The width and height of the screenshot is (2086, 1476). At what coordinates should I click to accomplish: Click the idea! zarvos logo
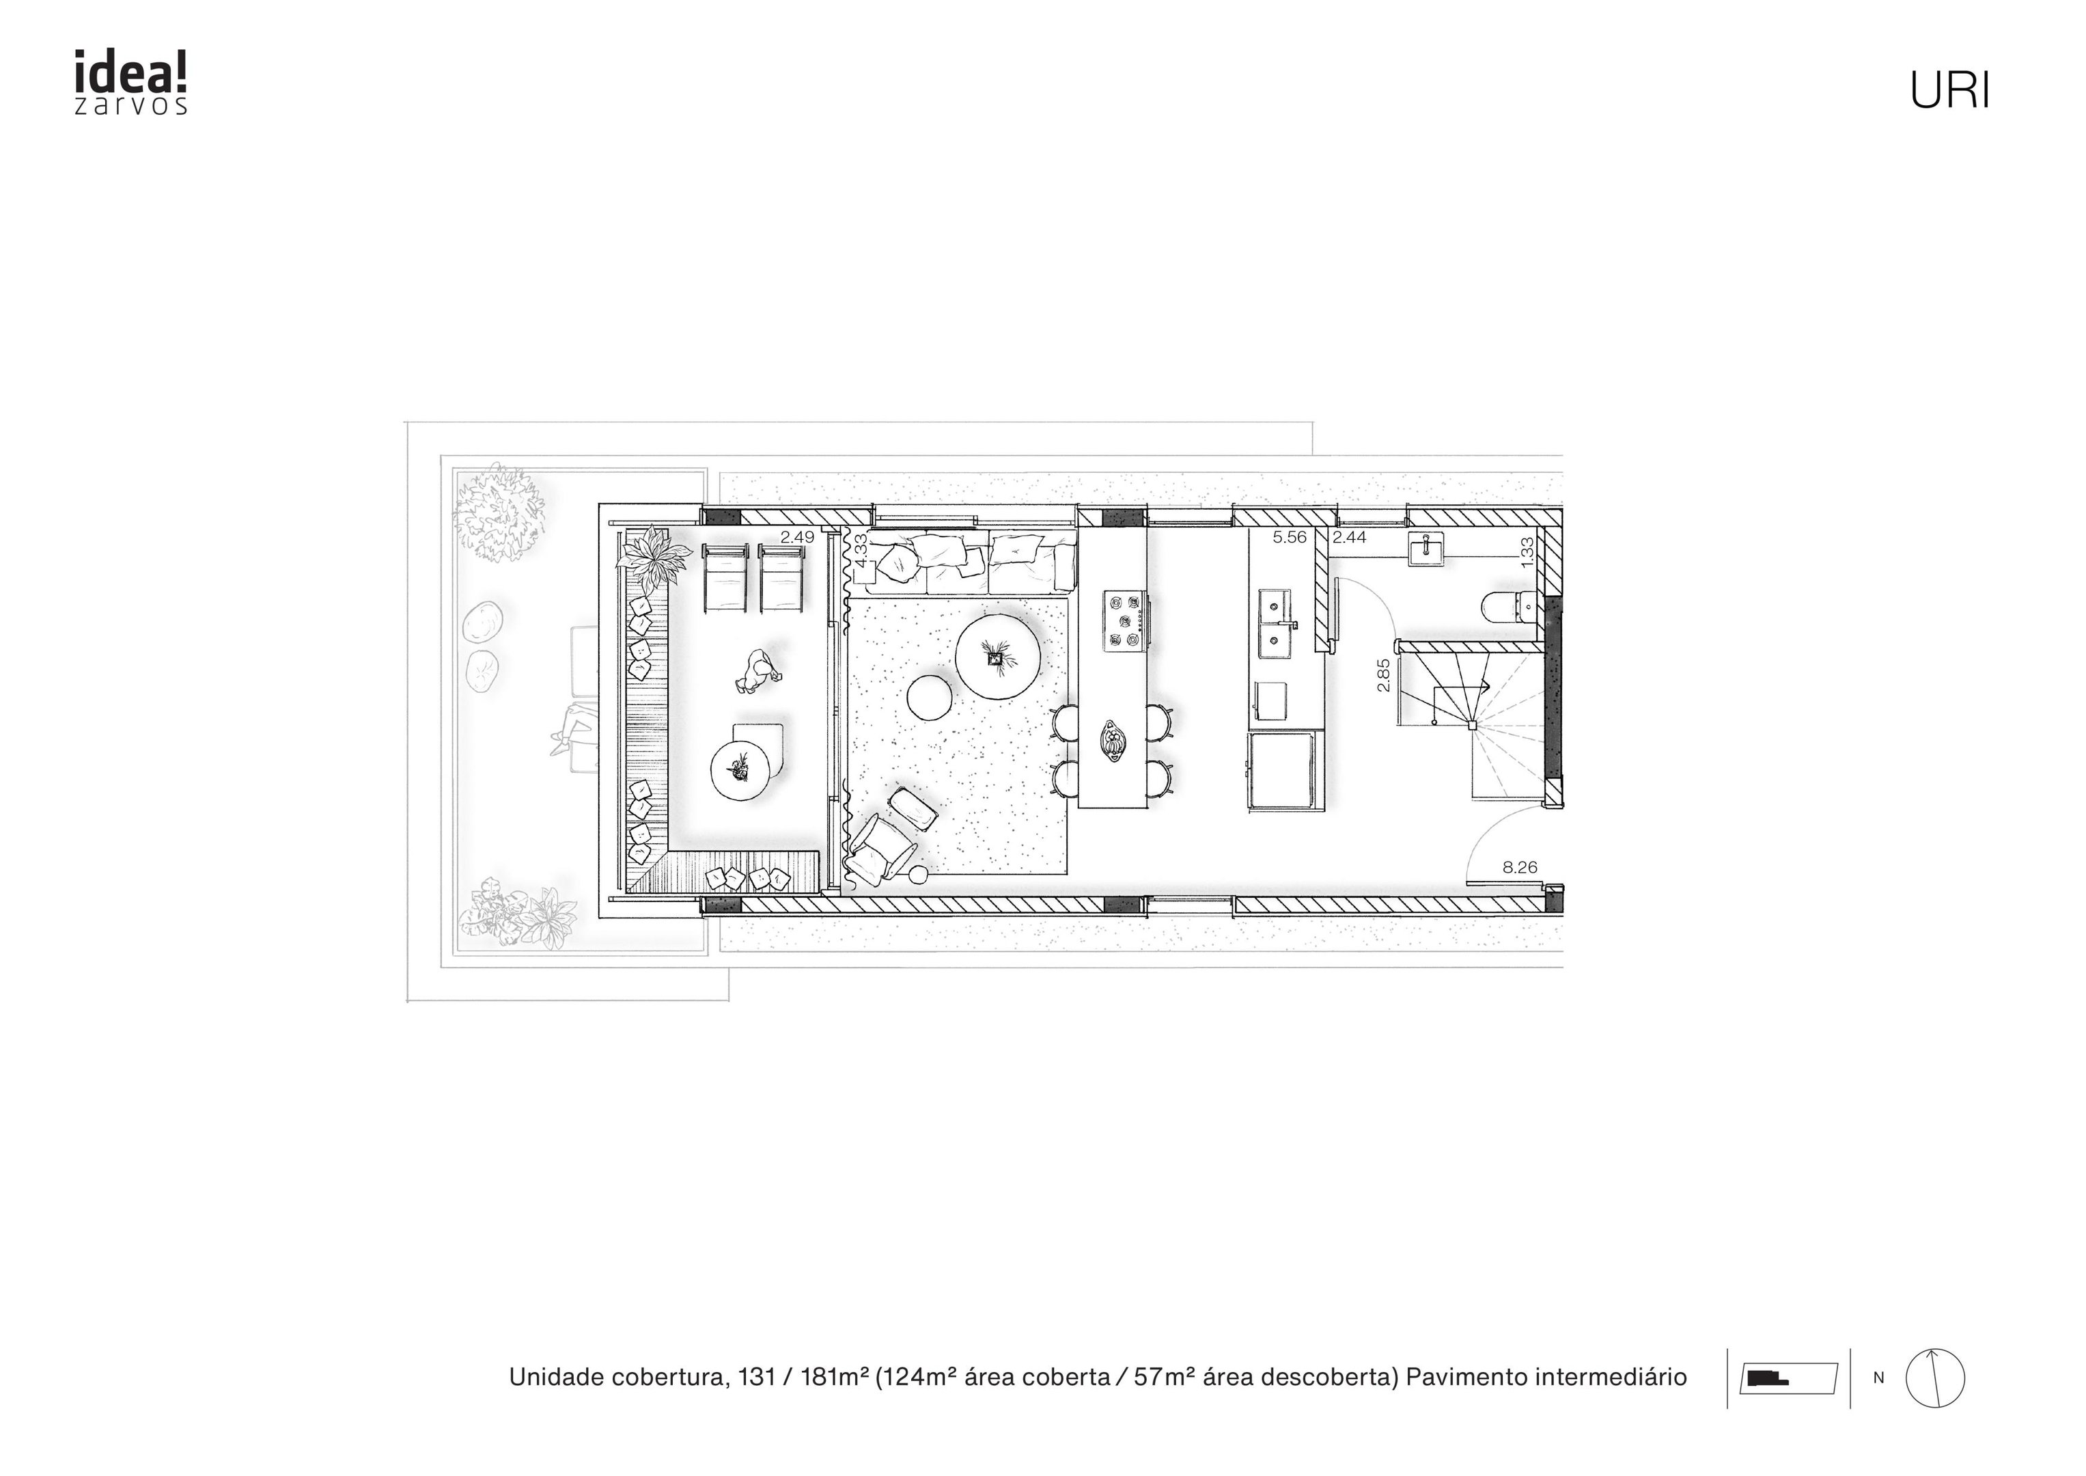pos(131,83)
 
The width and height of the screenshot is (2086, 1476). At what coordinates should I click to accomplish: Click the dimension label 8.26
pos(1520,867)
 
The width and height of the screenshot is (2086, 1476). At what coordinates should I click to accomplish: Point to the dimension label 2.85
pos(1384,675)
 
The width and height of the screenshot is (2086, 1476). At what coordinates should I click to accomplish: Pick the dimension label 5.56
pos(1289,537)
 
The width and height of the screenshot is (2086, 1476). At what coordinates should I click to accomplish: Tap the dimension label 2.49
pos(797,537)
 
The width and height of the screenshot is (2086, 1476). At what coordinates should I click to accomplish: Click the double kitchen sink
pos(1277,623)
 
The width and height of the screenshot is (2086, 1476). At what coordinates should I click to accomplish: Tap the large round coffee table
pos(997,656)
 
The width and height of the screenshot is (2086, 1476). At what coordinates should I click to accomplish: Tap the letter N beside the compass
pos(1878,1378)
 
